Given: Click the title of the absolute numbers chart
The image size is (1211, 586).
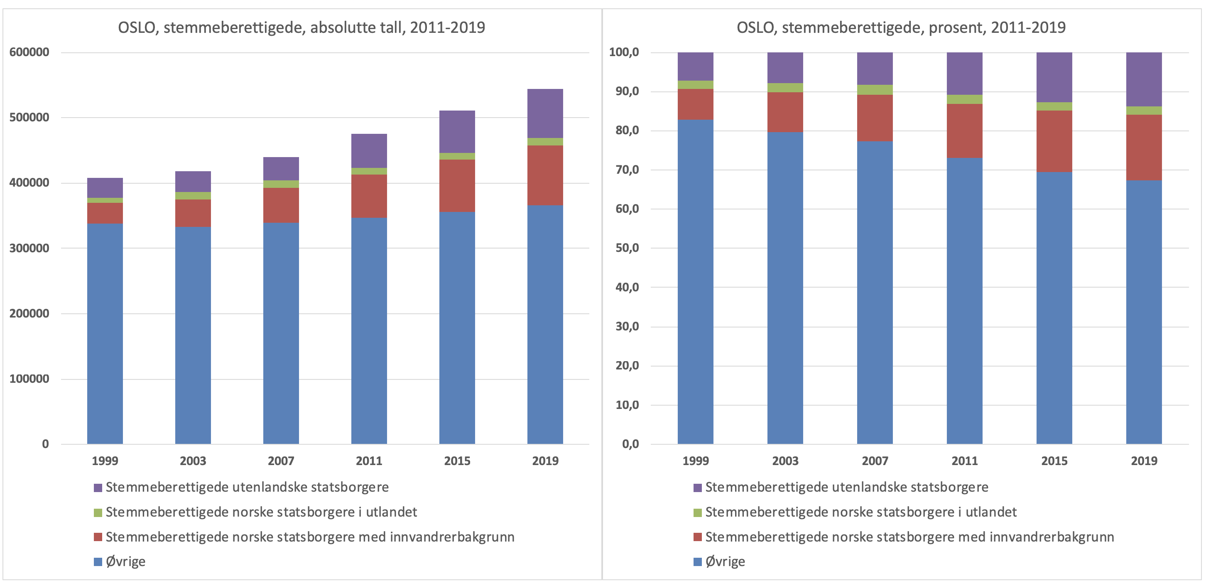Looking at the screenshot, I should [302, 27].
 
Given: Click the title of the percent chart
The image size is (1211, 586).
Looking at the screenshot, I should [901, 27].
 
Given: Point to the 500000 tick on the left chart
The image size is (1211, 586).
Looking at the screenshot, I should [29, 117].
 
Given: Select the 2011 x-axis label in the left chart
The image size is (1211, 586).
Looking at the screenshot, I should [369, 461].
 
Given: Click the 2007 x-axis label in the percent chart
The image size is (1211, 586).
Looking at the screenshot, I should [875, 461].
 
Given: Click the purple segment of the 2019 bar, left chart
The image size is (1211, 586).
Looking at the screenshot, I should [545, 113].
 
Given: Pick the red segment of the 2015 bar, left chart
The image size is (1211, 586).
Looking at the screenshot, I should [457, 186].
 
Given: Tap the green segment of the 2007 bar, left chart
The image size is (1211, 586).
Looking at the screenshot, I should [281, 184].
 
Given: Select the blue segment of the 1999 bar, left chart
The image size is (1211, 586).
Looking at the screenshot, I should [105, 333].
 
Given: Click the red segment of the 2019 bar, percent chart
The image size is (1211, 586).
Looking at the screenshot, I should [1144, 147].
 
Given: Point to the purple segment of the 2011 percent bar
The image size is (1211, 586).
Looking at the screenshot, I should [964, 74].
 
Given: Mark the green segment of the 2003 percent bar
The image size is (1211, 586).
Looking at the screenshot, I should [785, 87].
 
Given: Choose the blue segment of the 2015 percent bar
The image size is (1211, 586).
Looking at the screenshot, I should [1054, 308].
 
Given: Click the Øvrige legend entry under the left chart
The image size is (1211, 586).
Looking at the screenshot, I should [125, 561].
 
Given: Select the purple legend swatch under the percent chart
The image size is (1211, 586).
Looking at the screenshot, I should [698, 488].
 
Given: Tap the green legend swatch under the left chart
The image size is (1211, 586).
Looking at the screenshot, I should [98, 512].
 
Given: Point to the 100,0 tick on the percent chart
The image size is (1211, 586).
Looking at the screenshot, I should [624, 52].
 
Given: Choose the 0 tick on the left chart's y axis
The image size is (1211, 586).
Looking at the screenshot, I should [45, 444].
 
